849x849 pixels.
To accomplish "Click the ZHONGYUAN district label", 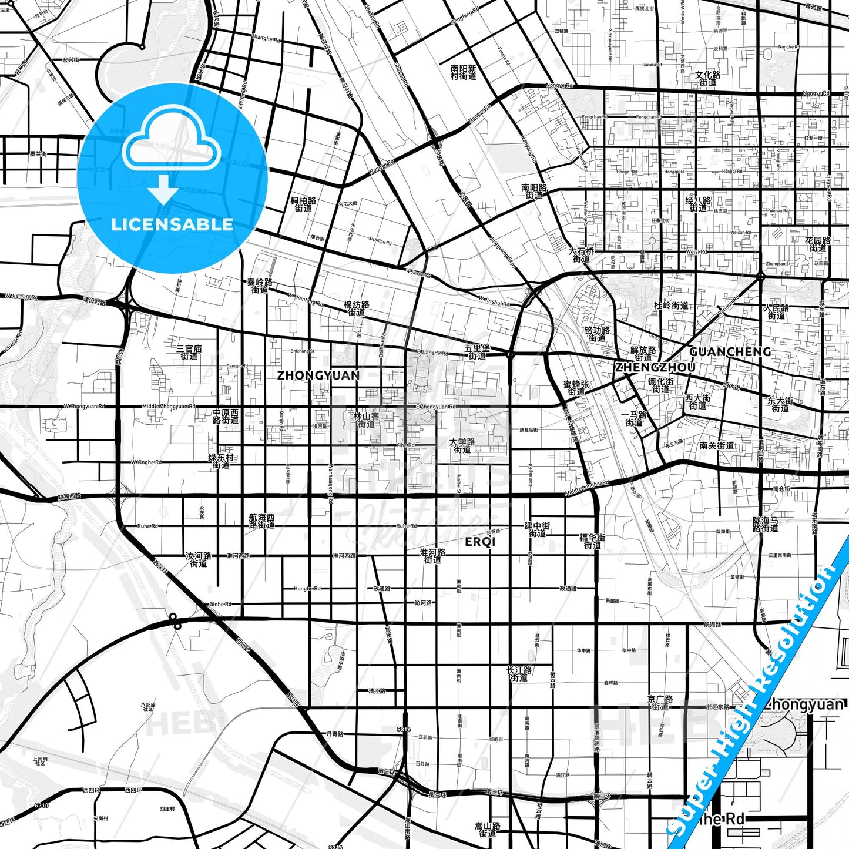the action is [318, 375].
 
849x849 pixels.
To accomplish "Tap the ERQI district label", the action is [480, 542].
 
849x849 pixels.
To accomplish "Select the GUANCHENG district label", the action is [730, 351].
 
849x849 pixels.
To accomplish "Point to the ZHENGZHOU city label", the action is [655, 367].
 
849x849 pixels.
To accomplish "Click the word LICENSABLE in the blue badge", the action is [172, 224].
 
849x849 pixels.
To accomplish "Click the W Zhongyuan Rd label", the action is [85, 407].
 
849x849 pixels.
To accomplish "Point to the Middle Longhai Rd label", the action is [587, 488].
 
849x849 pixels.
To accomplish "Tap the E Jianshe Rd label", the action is [431, 353].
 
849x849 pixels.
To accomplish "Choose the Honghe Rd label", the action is [307, 588].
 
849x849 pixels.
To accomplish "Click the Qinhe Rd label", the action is [220, 604].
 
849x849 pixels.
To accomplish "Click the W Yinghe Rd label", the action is [146, 462].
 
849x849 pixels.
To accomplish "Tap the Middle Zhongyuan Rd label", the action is [168, 407].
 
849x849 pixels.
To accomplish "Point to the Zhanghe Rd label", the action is [266, 39].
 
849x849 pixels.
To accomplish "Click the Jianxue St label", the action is [652, 65].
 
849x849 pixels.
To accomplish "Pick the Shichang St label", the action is [302, 351].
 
